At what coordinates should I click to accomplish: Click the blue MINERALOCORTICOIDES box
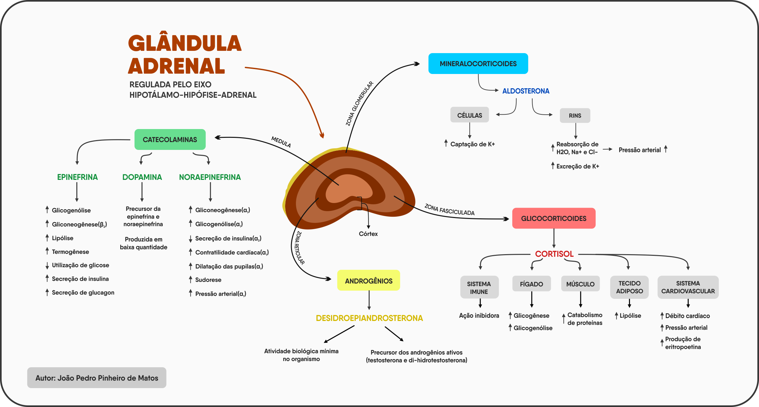[x=478, y=64]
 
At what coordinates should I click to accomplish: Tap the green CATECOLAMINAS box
[x=170, y=139]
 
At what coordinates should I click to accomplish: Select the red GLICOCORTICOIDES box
[x=553, y=218]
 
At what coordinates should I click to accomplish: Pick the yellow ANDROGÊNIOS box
[x=368, y=281]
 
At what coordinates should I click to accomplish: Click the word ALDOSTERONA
[x=525, y=91]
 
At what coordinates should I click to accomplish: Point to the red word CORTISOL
[x=554, y=254]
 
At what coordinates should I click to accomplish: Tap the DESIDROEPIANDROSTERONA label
[x=369, y=318]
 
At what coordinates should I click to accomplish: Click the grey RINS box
[x=575, y=115]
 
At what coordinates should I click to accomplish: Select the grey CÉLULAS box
[x=469, y=115]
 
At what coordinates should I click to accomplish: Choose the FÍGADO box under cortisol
[x=531, y=284]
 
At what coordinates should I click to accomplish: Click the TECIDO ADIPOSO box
[x=629, y=287]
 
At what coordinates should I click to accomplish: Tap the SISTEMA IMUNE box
[x=479, y=287]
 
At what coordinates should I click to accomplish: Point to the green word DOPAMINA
[x=142, y=177]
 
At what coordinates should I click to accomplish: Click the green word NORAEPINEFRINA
[x=210, y=177]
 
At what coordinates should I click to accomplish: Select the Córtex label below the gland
[x=368, y=234]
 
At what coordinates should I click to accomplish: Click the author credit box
[x=96, y=378]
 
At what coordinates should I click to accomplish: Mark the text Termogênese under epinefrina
[x=70, y=252]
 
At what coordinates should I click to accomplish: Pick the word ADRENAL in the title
[x=176, y=66]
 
